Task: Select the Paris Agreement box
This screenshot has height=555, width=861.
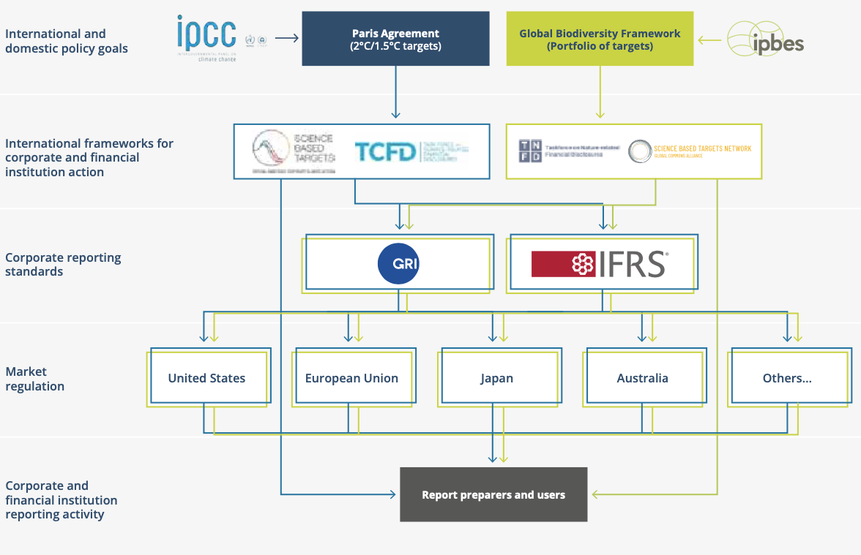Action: click(395, 39)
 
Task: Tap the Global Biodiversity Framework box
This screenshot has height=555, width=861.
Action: click(600, 39)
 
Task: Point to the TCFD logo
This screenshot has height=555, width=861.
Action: click(386, 151)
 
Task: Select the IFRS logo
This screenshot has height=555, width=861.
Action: click(600, 263)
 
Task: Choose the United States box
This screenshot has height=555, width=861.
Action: click(207, 378)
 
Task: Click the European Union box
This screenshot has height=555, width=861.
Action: click(351, 378)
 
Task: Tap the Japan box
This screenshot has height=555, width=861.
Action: click(496, 378)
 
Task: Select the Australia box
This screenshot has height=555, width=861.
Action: click(642, 378)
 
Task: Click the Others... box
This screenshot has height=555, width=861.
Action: click(787, 378)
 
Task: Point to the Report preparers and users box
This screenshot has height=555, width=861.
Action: click(493, 494)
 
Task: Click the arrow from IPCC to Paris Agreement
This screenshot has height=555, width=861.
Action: click(286, 38)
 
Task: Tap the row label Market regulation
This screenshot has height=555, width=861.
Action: click(35, 379)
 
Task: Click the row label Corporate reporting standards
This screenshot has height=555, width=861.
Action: click(63, 265)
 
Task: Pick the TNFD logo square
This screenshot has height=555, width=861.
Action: click(531, 151)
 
